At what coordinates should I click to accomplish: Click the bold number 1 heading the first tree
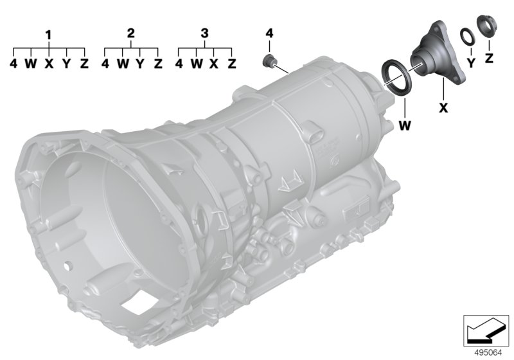49,35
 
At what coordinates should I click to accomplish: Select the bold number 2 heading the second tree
131,33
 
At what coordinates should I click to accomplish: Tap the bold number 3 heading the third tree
204,33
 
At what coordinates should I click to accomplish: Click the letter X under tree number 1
49,64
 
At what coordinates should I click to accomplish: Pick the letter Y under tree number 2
140,64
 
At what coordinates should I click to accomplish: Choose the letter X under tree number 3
214,64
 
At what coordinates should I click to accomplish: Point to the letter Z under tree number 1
85,64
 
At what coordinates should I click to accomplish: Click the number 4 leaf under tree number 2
105,64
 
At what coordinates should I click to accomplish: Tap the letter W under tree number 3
197,64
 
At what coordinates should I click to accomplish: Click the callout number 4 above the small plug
269,33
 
